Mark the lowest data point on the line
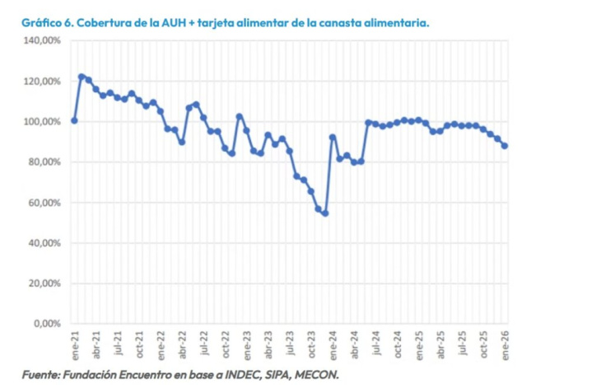click(x=325, y=214)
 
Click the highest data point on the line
click(x=82, y=77)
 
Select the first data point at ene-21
click(x=74, y=120)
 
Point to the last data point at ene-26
click(x=505, y=146)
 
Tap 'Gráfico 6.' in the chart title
click(x=49, y=23)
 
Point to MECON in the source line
click(x=314, y=374)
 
